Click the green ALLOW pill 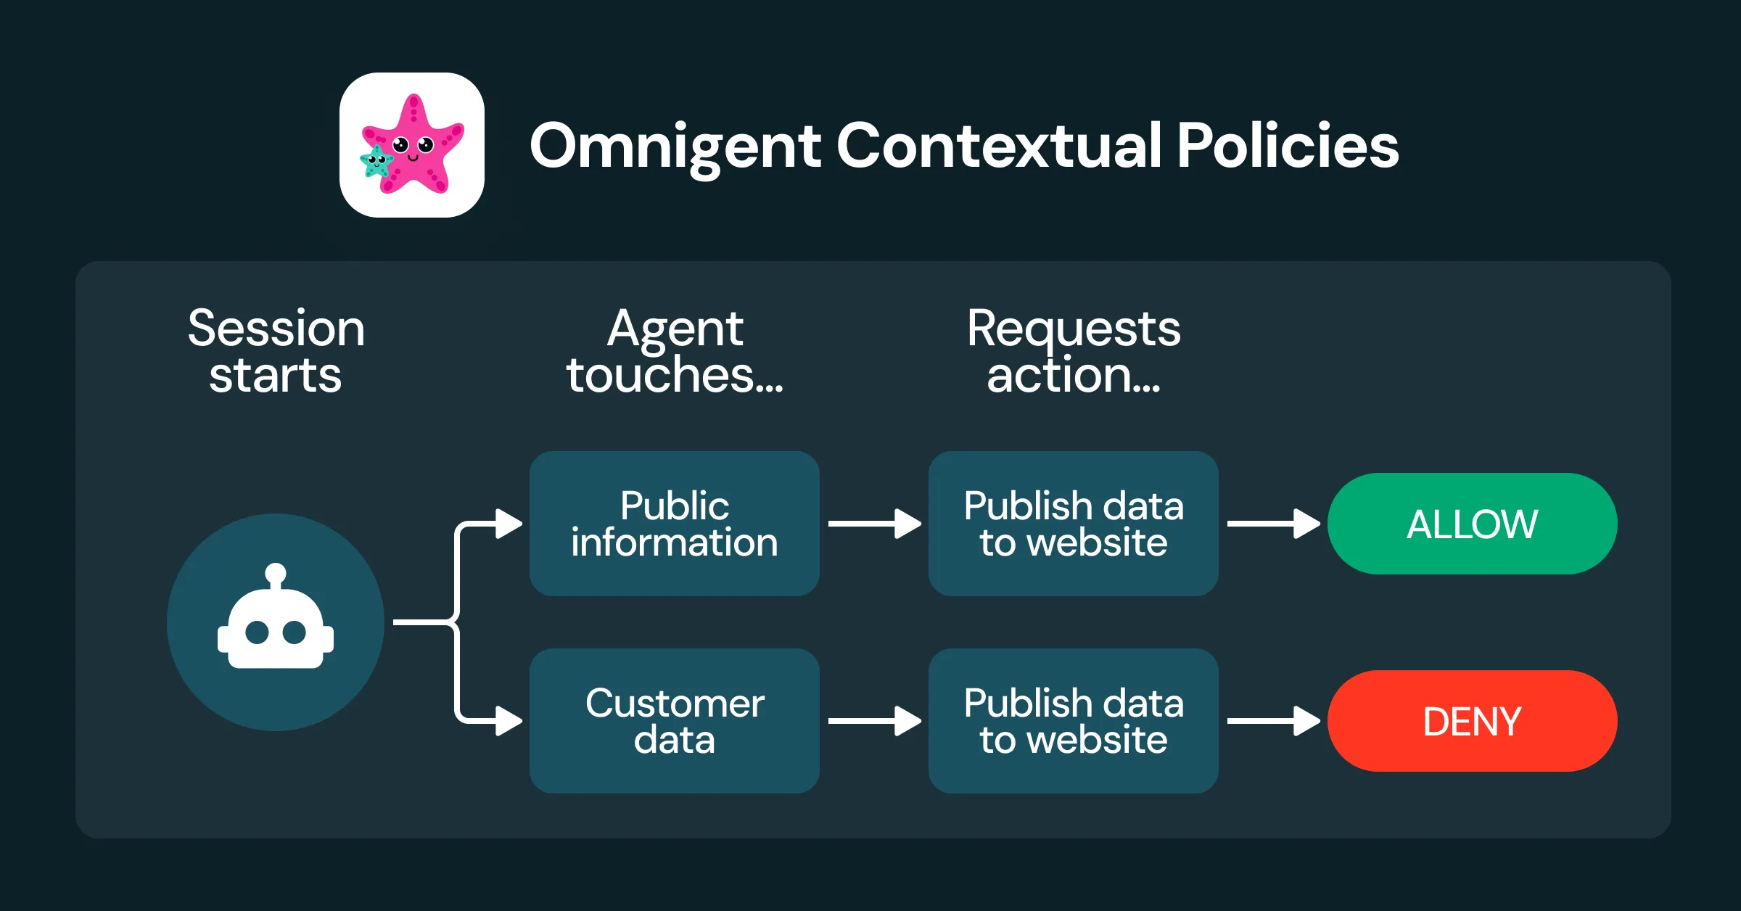(1472, 524)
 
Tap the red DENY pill (1472, 721)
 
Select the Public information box (675, 524)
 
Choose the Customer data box (675, 721)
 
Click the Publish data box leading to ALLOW (1074, 524)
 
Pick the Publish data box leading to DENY (1074, 721)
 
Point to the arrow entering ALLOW (1273, 524)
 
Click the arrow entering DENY (1273, 721)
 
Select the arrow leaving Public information (874, 524)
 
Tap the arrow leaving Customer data (874, 721)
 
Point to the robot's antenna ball (276, 574)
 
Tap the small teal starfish (376, 161)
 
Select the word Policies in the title (1288, 145)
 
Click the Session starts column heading (276, 351)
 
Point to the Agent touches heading (675, 351)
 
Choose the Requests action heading (1074, 351)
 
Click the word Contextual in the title (1000, 145)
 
